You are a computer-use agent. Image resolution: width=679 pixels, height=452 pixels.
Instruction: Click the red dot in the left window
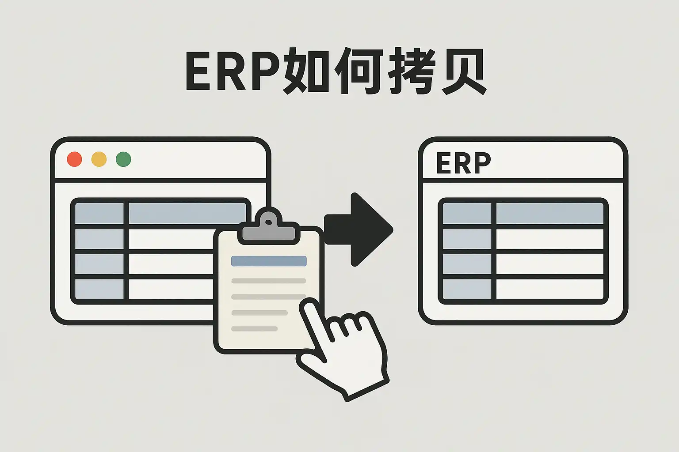pyautogui.click(x=74, y=159)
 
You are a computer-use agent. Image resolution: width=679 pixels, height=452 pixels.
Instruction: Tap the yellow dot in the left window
pyautogui.click(x=99, y=159)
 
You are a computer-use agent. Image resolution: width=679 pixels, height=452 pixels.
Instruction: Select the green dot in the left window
pyautogui.click(x=123, y=159)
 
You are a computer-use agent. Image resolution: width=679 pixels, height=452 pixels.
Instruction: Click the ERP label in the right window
pyautogui.click(x=463, y=163)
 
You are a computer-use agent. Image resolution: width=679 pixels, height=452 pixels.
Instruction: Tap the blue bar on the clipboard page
pyautogui.click(x=269, y=261)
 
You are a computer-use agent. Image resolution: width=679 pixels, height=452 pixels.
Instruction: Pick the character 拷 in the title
pyautogui.click(x=411, y=72)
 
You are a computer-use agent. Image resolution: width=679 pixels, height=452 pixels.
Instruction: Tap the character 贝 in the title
pyautogui.click(x=463, y=72)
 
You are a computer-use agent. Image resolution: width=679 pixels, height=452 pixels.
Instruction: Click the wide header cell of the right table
pyautogui.click(x=549, y=214)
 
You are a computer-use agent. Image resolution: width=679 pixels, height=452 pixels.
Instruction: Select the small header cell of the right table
pyautogui.click(x=467, y=214)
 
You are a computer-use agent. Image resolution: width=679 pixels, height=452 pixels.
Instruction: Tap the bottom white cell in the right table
pyautogui.click(x=549, y=289)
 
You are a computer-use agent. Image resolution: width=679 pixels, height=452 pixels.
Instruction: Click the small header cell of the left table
pyautogui.click(x=99, y=214)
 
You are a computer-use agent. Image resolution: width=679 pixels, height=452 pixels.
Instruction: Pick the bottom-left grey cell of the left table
pyautogui.click(x=99, y=289)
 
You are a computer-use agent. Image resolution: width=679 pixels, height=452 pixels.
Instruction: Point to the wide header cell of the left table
pyautogui.click(x=186, y=213)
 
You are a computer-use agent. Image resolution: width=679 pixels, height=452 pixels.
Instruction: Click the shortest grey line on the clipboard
pyautogui.click(x=254, y=329)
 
